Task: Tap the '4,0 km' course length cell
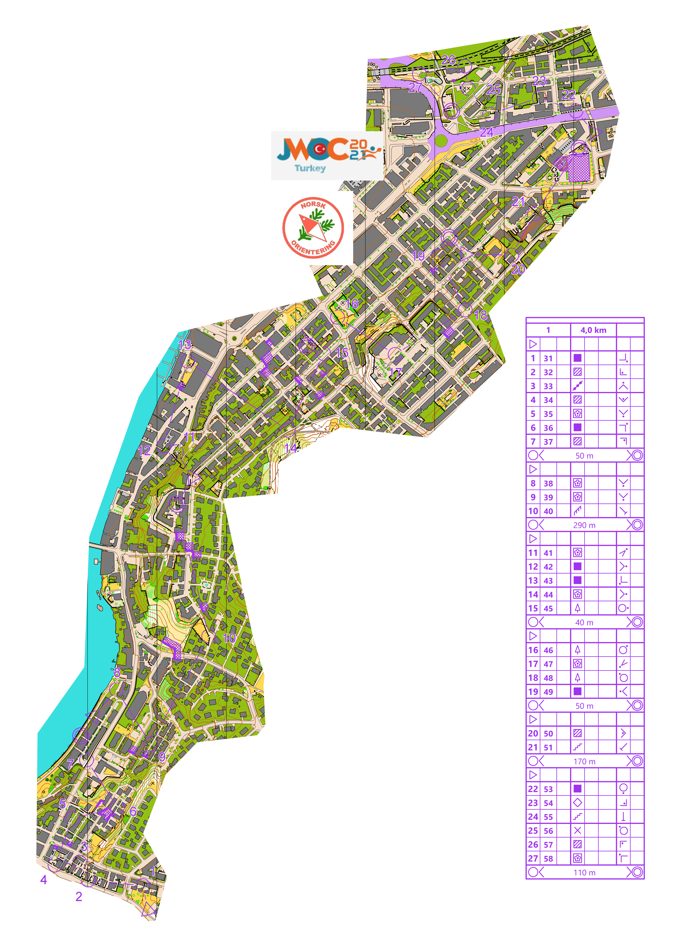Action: click(593, 330)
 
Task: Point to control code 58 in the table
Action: click(548, 859)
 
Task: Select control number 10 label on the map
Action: click(229, 638)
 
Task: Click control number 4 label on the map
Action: click(44, 880)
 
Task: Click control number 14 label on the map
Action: click(290, 448)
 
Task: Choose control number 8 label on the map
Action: click(117, 672)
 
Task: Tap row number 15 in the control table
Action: click(533, 608)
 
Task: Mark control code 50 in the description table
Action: click(548, 733)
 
